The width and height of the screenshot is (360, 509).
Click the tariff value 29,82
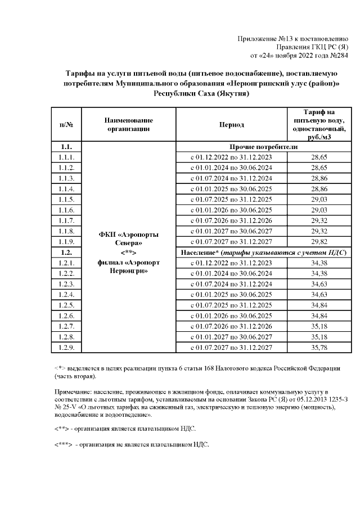pos(319,241)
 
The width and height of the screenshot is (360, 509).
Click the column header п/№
pos(66,124)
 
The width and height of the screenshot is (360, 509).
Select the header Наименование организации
pos(129,124)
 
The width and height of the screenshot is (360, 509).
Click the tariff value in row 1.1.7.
pos(319,220)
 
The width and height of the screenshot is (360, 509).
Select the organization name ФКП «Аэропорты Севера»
pos(129,238)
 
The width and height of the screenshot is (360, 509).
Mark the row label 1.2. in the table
pos(66,252)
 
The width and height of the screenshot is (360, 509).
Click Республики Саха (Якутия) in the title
pos(201,93)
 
